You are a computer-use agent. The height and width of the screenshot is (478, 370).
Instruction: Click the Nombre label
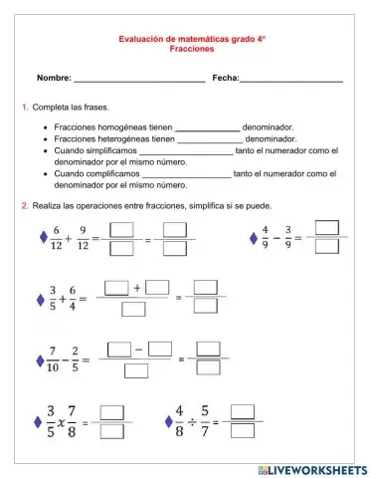point(54,78)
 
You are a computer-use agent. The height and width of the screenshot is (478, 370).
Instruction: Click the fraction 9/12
point(83,238)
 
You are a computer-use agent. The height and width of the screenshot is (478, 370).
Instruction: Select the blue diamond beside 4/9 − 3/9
point(252,237)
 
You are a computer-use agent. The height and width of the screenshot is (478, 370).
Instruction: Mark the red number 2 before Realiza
point(24,205)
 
